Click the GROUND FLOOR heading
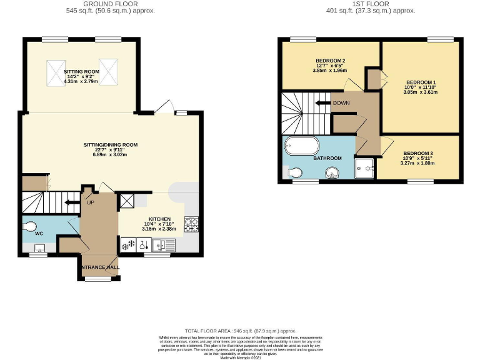click(111, 4)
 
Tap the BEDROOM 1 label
click(421, 82)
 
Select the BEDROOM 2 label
click(331, 61)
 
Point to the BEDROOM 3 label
click(417, 154)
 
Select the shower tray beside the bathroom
click(364, 167)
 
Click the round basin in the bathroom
click(334, 172)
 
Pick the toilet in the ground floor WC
click(30, 227)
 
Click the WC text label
click(39, 233)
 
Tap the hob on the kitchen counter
click(191, 223)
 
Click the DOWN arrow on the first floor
click(324, 103)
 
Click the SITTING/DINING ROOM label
click(110, 145)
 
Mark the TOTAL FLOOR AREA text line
click(240, 331)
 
